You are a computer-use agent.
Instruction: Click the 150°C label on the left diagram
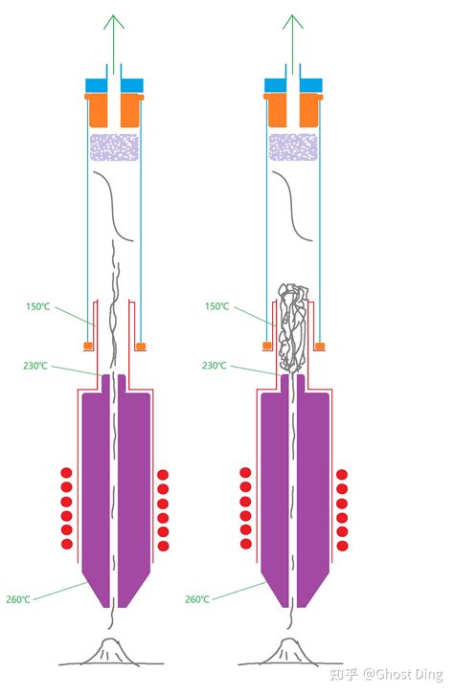click(x=37, y=306)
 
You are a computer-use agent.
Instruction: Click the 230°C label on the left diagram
click(x=35, y=366)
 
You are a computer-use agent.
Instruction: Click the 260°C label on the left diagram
click(x=18, y=599)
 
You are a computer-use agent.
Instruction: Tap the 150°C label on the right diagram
click(x=216, y=306)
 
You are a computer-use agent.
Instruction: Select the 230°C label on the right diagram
click(x=215, y=366)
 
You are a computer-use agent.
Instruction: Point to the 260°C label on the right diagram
click(x=197, y=599)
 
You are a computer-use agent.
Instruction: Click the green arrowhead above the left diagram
click(x=114, y=21)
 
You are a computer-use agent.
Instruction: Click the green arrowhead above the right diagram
click(x=293, y=21)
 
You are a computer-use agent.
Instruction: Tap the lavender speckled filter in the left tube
click(x=114, y=147)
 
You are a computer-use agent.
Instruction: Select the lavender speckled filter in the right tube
click(x=293, y=147)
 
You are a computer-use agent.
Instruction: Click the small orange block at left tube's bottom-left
click(x=88, y=346)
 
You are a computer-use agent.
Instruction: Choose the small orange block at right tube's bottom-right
click(x=320, y=346)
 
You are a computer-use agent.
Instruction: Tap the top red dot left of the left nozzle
click(x=66, y=473)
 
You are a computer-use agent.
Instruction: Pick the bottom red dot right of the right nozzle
click(x=342, y=546)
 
